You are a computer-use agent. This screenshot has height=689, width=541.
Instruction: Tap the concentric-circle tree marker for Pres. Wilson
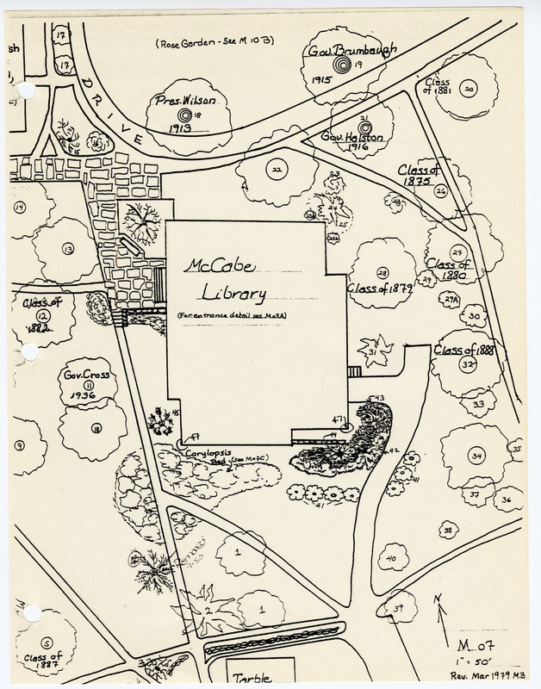click(183, 115)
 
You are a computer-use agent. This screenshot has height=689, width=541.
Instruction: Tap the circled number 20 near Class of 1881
click(468, 88)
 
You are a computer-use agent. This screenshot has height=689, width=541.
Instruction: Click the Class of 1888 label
click(464, 350)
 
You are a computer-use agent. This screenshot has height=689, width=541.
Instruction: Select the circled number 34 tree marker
click(476, 455)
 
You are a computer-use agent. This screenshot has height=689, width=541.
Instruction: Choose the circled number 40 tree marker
click(391, 560)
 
